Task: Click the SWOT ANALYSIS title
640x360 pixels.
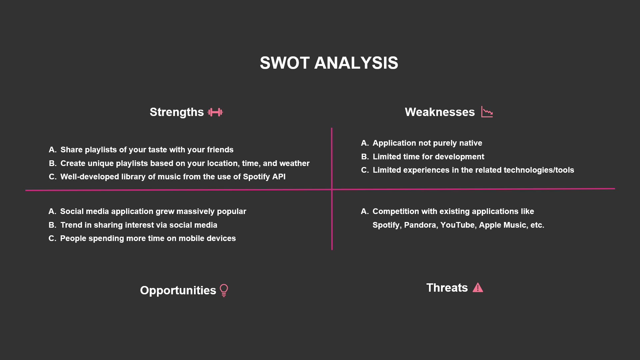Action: (329, 63)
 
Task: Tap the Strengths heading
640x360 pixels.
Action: (177, 112)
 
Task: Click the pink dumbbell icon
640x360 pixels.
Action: (215, 112)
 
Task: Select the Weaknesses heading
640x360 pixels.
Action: (440, 112)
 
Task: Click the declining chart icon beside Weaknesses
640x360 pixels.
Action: (487, 112)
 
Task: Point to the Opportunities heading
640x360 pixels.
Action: (178, 290)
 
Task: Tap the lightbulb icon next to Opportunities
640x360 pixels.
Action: (224, 290)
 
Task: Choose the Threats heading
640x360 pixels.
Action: (447, 288)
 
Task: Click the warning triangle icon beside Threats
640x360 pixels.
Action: (478, 287)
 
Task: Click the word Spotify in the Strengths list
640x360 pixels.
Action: (256, 177)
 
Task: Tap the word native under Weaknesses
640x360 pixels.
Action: (471, 143)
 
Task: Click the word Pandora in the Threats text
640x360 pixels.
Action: (420, 225)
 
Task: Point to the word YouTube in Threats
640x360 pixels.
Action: (458, 225)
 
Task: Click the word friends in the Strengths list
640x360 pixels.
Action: (220, 150)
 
